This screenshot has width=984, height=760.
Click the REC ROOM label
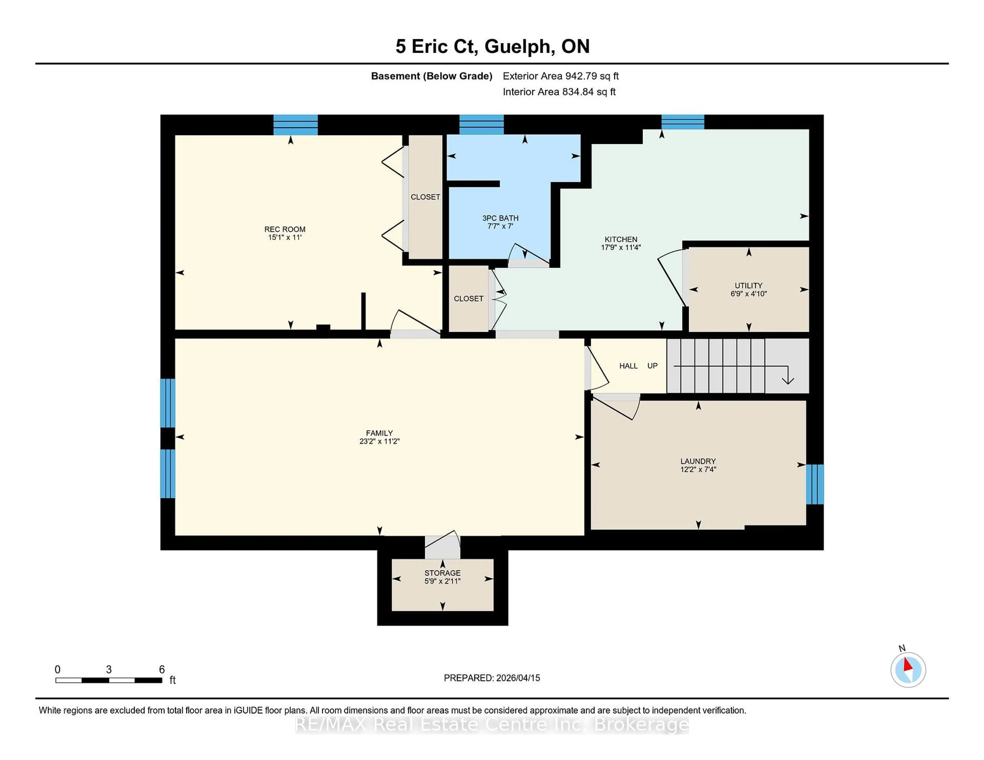(x=285, y=229)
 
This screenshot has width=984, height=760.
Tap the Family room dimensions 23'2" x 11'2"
(x=379, y=441)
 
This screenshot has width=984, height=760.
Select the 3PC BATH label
(x=500, y=218)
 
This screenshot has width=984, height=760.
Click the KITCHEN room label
(x=621, y=239)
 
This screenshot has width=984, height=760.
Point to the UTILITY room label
(x=748, y=286)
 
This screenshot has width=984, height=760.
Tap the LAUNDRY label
(x=698, y=461)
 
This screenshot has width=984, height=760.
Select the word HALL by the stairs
(x=628, y=366)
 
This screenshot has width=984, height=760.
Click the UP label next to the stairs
(x=652, y=366)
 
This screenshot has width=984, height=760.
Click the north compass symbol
(x=908, y=670)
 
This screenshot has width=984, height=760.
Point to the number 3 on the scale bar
(x=109, y=670)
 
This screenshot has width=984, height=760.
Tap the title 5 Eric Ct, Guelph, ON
(x=493, y=46)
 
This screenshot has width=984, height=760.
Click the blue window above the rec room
(x=295, y=125)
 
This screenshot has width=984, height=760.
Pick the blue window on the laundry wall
(x=815, y=484)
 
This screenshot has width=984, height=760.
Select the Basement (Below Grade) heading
(x=431, y=76)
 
